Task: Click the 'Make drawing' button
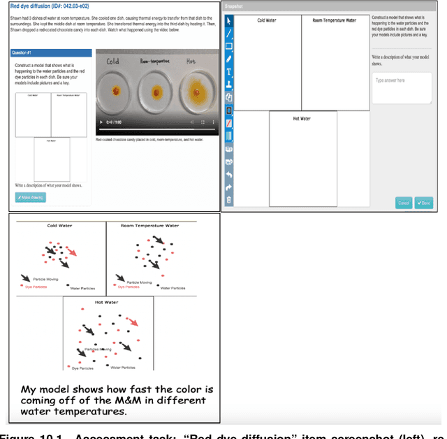30,198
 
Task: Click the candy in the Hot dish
197,90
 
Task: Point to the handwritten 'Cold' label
112,62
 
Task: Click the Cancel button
404,203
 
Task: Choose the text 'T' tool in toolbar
228,72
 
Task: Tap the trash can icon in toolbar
228,200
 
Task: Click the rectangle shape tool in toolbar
228,46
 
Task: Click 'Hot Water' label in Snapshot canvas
302,118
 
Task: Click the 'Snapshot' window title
234,6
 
